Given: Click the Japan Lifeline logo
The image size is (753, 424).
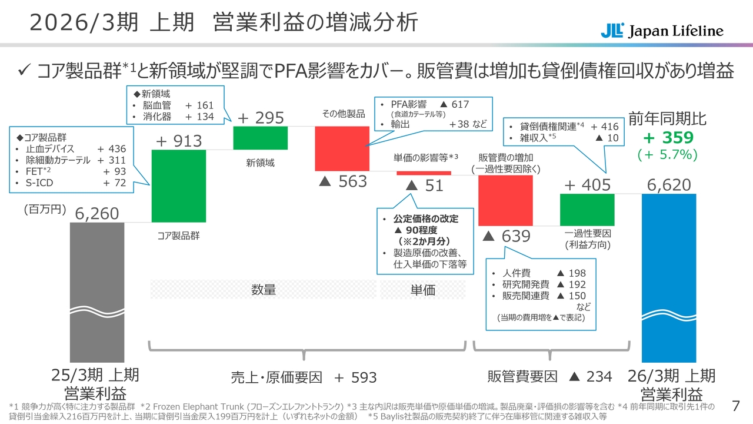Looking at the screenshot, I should [662, 31].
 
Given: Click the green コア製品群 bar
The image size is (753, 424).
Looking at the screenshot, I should [179, 185].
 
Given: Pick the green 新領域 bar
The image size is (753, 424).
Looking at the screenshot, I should [260, 138].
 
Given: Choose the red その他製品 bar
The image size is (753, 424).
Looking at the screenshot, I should [342, 148].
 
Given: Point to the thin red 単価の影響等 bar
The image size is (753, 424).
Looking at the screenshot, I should [424, 173].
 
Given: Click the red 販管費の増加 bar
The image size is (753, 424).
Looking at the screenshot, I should [505, 200].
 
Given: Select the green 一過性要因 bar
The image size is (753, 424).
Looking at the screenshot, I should [587, 210].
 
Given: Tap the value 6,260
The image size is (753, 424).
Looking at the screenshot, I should [97, 213].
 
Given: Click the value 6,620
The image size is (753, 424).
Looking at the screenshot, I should [669, 185].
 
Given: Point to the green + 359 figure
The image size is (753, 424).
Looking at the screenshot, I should [668, 138].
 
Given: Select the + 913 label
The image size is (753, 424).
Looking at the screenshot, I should [179, 141].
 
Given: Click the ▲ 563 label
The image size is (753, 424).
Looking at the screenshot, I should [342, 182].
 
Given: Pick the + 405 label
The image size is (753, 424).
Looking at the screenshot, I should [587, 185].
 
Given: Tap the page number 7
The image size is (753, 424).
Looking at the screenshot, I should [735, 406].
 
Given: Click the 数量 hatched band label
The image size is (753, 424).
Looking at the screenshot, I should [263, 290].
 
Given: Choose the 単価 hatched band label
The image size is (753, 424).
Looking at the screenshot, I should [422, 290].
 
